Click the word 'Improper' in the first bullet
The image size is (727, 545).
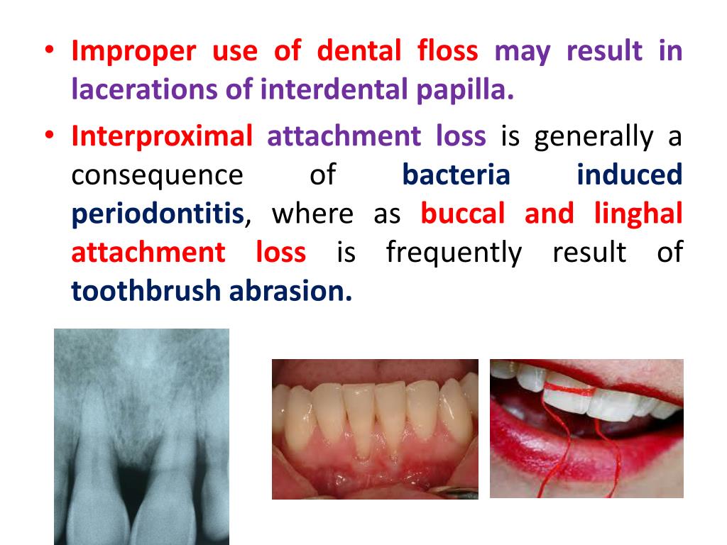(x=133, y=51)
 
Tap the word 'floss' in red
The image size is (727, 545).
(x=447, y=50)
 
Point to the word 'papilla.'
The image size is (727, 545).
(x=465, y=90)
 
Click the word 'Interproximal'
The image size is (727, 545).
(x=162, y=137)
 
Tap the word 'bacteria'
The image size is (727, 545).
(x=456, y=175)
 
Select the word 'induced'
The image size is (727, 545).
(x=629, y=175)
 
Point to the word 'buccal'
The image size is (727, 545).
(x=462, y=214)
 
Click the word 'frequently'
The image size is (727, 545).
(x=454, y=253)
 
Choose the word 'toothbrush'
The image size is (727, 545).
(x=146, y=291)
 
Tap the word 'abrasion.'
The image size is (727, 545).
(x=290, y=291)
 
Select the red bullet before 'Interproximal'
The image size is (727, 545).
(x=49, y=135)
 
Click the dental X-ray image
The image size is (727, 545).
(x=141, y=436)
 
